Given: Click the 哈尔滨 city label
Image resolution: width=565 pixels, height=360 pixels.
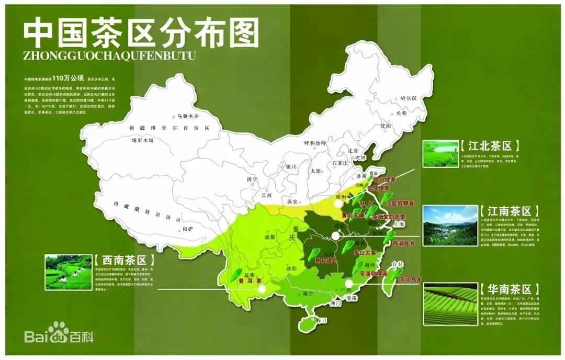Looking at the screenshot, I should coord(408,98).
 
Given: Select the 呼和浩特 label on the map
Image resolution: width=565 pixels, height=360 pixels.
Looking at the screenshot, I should coord(315,143).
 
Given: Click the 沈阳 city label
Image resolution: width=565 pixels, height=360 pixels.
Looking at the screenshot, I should coord(386,126).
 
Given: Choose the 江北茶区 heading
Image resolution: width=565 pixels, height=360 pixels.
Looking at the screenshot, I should coord(486,146).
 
